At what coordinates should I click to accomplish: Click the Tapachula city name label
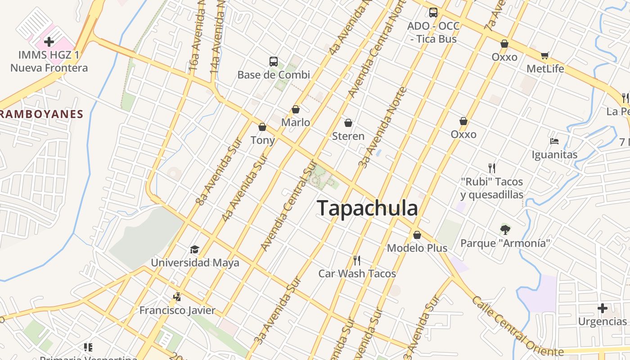tap(367, 208)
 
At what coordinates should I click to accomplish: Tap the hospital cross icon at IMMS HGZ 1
tap(49, 42)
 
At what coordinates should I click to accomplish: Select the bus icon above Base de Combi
tap(273, 61)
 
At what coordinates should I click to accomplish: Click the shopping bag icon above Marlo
tap(296, 109)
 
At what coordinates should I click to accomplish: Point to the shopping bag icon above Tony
tap(262, 127)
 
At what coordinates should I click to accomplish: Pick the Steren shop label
tap(348, 136)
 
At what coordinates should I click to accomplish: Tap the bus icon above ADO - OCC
tap(433, 13)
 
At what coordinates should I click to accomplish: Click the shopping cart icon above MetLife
tap(545, 56)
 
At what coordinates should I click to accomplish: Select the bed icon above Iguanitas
tap(554, 141)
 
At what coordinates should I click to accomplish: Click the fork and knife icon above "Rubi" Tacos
tap(492, 168)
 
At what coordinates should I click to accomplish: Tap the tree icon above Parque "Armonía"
tap(505, 229)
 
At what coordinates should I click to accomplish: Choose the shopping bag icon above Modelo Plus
tap(417, 235)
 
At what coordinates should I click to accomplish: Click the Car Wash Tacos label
tap(357, 274)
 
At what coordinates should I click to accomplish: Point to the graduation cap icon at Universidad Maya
tap(194, 249)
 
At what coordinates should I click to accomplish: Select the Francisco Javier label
tap(177, 310)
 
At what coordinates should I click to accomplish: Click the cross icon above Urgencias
tap(602, 308)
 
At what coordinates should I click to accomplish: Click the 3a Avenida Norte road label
tap(382, 127)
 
